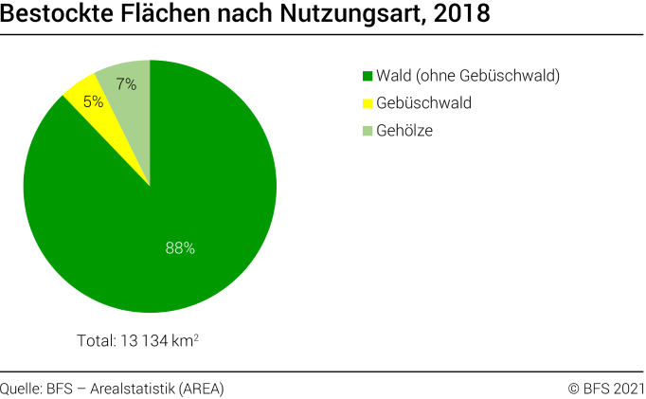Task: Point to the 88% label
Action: (179, 247)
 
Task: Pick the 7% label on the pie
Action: (126, 83)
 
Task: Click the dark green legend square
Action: (368, 76)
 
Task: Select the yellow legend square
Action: (368, 103)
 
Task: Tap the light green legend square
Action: (368, 131)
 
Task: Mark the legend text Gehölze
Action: (404, 131)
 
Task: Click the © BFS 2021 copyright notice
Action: (605, 388)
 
